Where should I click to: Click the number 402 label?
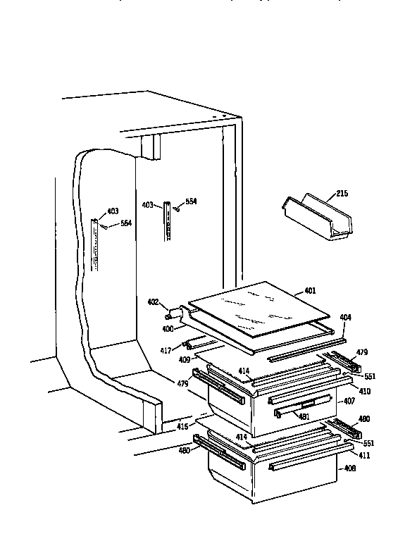coord(153,304)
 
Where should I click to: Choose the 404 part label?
coord(344,318)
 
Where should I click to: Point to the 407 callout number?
coord(349,402)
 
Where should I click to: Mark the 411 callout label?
coord(363,455)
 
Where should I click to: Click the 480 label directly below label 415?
coord(184,451)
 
